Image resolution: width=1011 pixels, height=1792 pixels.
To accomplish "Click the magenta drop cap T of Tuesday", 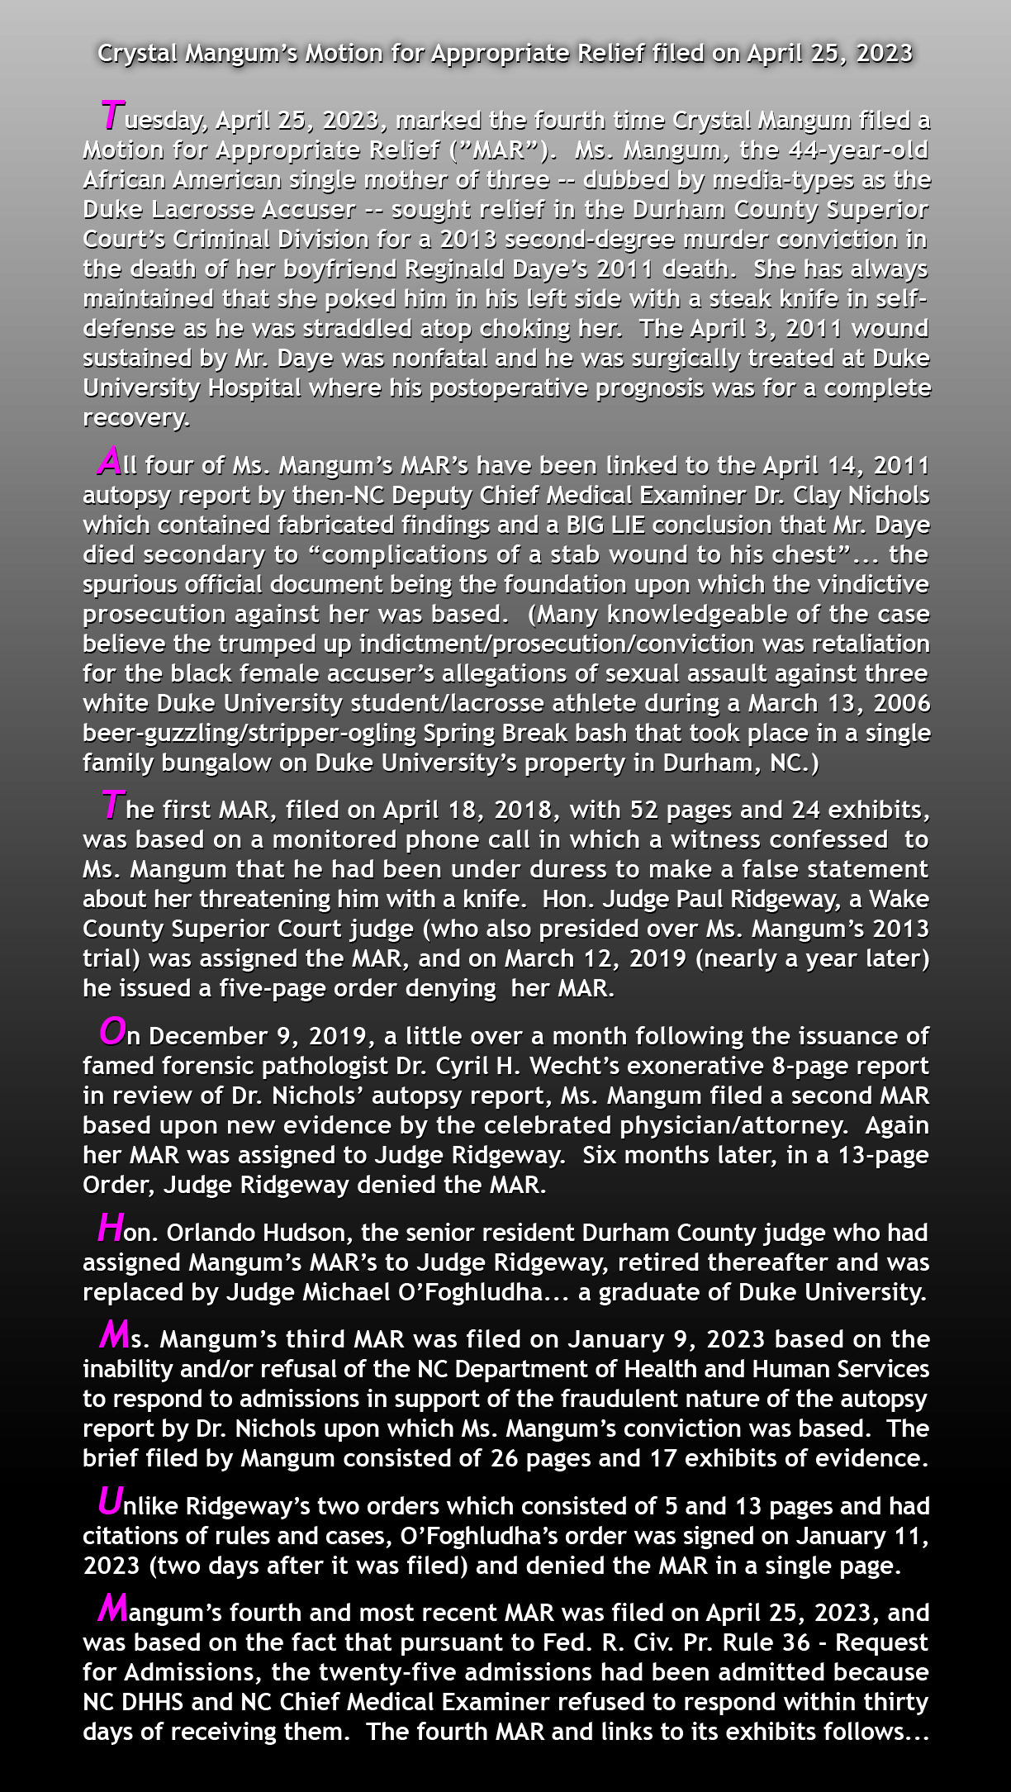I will pyautogui.click(x=112, y=115).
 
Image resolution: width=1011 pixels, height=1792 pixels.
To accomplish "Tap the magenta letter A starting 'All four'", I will pyautogui.click(x=109, y=460).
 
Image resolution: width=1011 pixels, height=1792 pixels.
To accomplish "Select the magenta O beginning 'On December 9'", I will pyautogui.click(x=112, y=1031).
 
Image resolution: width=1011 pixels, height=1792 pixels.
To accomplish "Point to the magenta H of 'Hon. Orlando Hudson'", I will pyautogui.click(x=110, y=1228).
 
